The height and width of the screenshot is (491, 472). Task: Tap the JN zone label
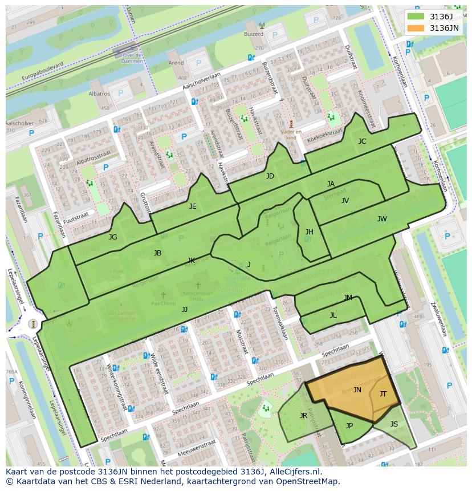357,390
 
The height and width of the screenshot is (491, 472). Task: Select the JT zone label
383,393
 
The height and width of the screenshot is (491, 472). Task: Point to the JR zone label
303,416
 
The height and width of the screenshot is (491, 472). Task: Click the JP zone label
349,425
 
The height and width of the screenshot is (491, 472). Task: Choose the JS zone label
394,424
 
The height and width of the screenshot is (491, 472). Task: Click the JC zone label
362,141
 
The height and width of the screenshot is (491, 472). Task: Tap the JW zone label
382,218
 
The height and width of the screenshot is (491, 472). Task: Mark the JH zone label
309,232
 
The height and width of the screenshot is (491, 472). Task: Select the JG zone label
113,237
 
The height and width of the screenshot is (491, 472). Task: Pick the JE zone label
193,206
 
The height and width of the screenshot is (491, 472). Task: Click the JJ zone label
185,309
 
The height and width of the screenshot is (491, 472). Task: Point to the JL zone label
333,315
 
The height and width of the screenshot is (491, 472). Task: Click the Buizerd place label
254,34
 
